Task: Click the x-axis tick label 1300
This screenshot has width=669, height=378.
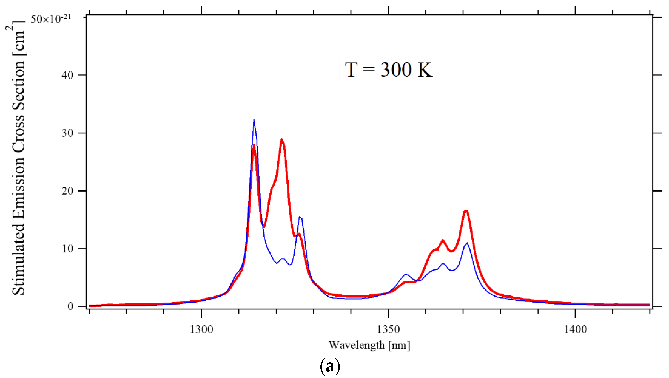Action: coord(201,329)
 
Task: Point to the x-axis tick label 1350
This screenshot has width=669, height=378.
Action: coord(388,329)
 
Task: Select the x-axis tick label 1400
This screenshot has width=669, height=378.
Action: coord(575,329)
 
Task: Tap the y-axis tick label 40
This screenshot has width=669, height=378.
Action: coord(67,75)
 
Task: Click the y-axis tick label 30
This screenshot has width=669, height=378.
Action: coord(67,133)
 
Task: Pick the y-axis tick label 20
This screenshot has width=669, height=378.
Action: coord(67,191)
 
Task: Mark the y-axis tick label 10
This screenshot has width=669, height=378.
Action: coord(67,249)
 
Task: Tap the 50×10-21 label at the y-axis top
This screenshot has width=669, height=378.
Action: coord(51,19)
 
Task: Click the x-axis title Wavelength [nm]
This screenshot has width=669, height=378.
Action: coord(369,345)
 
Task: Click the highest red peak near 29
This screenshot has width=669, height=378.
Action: coord(282,140)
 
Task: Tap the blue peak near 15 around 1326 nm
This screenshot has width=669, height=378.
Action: coord(300,217)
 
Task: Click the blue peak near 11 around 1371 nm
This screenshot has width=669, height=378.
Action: coord(467,243)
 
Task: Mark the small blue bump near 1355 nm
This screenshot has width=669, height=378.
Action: coord(406,275)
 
